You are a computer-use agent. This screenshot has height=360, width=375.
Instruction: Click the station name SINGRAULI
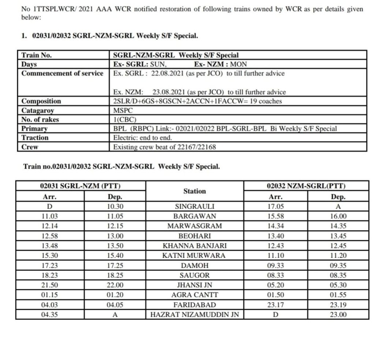(194, 207)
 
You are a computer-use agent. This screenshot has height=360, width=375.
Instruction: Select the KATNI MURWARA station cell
(194, 256)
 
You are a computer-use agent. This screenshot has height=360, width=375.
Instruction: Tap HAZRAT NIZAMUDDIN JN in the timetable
(194, 315)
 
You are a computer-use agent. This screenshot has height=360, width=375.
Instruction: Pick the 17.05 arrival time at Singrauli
(276, 207)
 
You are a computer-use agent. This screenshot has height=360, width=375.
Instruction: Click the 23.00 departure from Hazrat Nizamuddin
(338, 315)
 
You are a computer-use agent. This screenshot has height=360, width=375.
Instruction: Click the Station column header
(194, 191)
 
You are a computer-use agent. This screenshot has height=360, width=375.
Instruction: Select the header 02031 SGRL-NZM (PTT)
(80, 186)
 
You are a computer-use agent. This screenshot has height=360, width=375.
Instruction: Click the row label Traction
(35, 138)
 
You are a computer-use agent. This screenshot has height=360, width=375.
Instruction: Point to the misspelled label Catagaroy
(38, 110)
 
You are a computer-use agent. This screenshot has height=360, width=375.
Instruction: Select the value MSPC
(123, 110)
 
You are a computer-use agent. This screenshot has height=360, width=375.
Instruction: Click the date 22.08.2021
(167, 73)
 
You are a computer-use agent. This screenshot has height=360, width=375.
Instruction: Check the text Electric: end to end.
(142, 138)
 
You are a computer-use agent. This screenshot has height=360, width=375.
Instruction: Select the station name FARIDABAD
(194, 305)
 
